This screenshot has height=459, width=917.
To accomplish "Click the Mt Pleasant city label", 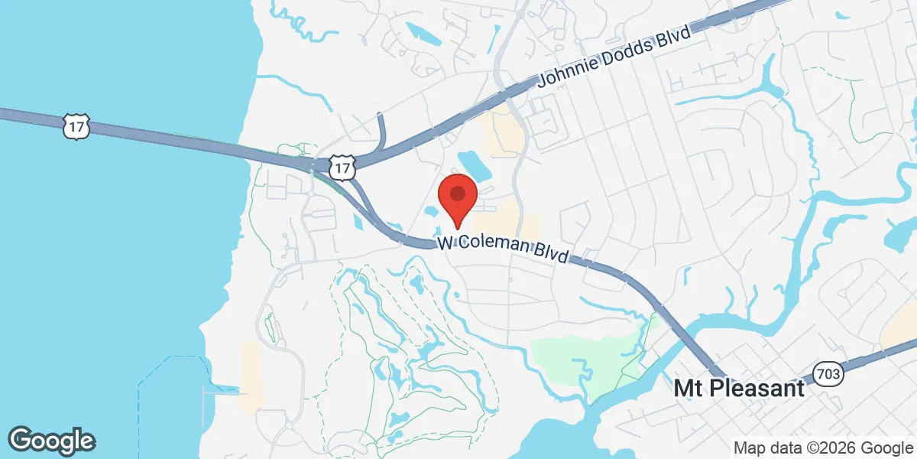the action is pyautogui.click(x=739, y=389).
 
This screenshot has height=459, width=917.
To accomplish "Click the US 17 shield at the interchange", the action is pyautogui.click(x=344, y=168).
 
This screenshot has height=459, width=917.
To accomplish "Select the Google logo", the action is pyautogui.click(x=51, y=440).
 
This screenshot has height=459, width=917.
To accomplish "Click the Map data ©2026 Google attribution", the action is pyautogui.click(x=822, y=448).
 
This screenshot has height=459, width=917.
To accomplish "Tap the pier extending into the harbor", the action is pyautogui.click(x=222, y=392).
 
